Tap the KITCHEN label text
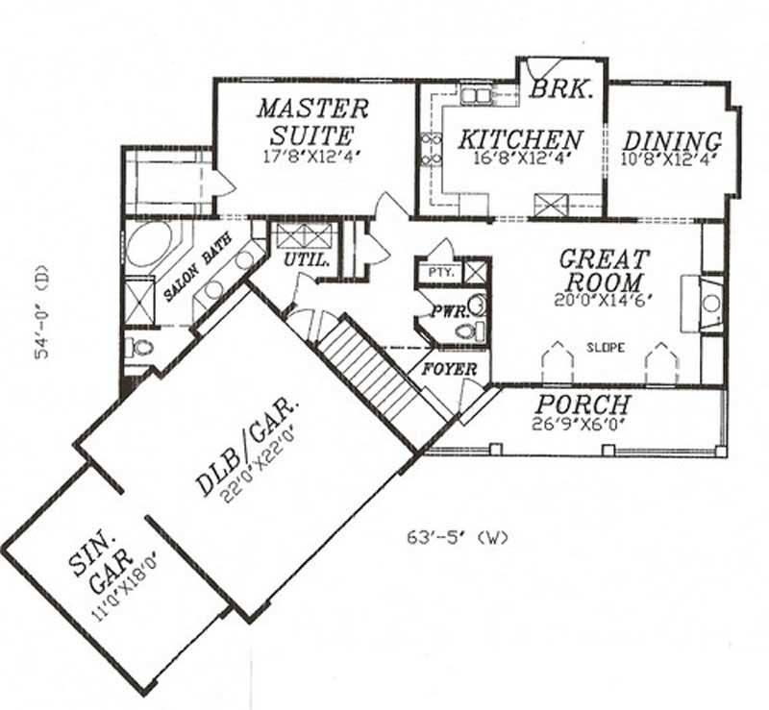[519, 139]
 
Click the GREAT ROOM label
[604, 271]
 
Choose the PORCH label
[583, 404]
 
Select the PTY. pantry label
[439, 273]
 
